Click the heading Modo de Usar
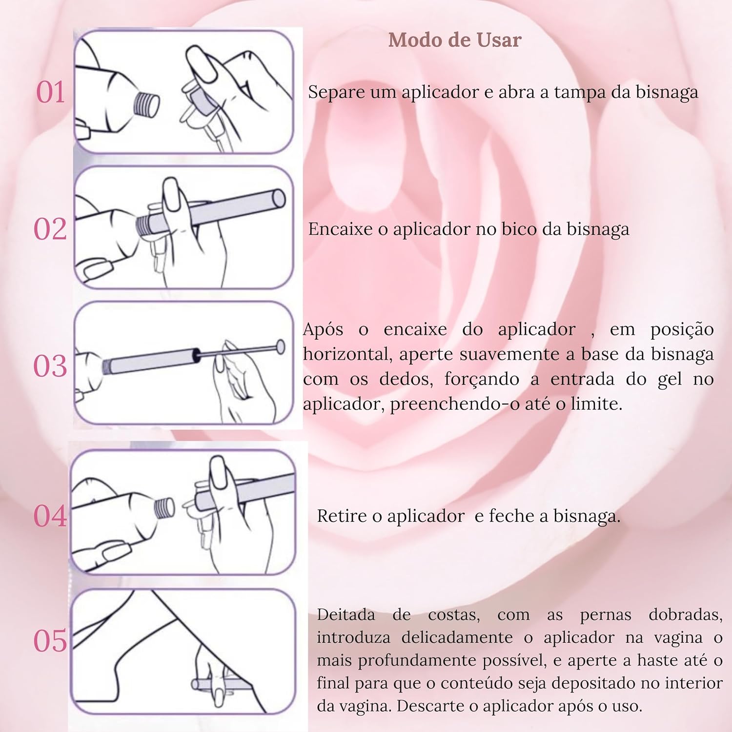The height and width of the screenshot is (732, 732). [x=455, y=40]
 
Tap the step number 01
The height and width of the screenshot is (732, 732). [x=51, y=92]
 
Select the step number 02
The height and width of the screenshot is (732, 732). [x=50, y=229]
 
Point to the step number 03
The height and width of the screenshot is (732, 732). [x=50, y=366]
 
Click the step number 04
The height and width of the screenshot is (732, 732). [x=50, y=516]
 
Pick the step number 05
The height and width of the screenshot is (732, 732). [x=50, y=641]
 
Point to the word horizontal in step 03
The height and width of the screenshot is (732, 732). [x=347, y=354]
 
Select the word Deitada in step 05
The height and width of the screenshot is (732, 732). [x=346, y=615]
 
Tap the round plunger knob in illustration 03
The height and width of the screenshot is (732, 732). [x=281, y=346]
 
